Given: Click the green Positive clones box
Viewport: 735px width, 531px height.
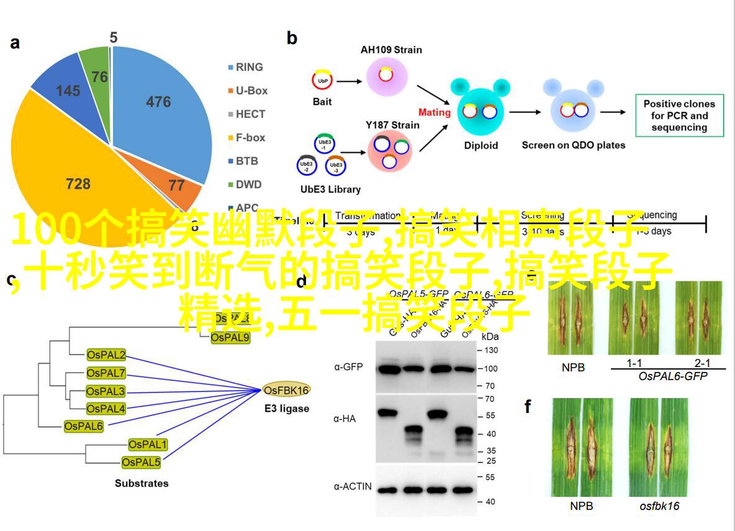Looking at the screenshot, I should pyautogui.click(x=679, y=116).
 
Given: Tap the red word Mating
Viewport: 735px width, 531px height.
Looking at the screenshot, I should pyautogui.click(x=434, y=112).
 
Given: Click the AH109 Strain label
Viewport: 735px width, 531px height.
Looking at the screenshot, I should pyautogui.click(x=391, y=50).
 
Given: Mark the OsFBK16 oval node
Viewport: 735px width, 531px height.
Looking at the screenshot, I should pyautogui.click(x=286, y=390).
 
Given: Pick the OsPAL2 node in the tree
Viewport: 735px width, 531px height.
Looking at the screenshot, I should pyautogui.click(x=106, y=355).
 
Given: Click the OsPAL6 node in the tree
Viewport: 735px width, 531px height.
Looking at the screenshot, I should pyautogui.click(x=84, y=426).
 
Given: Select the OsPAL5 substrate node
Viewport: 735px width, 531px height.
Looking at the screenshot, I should pyautogui.click(x=141, y=462).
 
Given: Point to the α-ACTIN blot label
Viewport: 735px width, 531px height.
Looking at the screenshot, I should pyautogui.click(x=353, y=486).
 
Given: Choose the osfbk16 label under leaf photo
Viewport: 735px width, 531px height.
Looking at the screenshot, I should pyautogui.click(x=659, y=506).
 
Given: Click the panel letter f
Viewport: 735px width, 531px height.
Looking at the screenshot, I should pyautogui.click(x=528, y=407).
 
